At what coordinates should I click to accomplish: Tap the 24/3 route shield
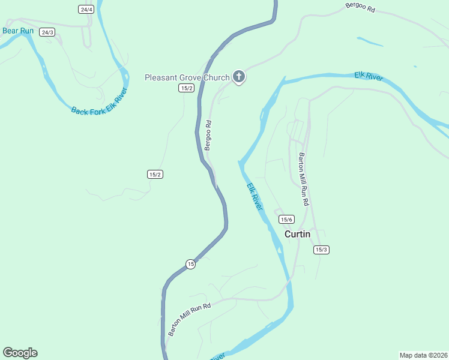[47, 32]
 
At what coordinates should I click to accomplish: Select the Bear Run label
[17, 30]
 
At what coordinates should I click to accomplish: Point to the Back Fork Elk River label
[99, 102]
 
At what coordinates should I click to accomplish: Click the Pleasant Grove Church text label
[187, 77]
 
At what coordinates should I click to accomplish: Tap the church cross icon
[239, 77]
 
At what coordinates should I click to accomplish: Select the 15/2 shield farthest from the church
[155, 174]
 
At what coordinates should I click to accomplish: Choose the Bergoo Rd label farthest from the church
[360, 8]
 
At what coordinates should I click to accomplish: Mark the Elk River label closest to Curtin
[255, 196]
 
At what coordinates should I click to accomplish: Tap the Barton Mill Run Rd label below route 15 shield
[190, 319]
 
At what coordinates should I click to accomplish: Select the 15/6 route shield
[286, 220]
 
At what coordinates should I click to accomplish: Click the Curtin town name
[297, 234]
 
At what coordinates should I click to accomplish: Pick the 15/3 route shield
[321, 250]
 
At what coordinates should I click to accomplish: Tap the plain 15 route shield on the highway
[190, 264]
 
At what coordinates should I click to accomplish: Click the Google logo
[20, 353]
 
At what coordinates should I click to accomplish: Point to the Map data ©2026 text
[423, 355]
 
